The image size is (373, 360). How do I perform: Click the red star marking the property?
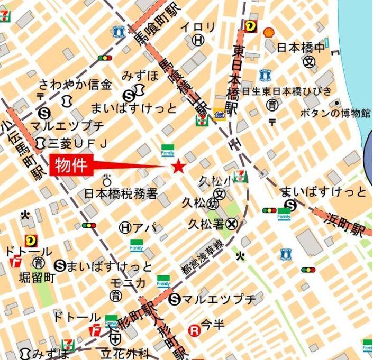(x=178, y=167)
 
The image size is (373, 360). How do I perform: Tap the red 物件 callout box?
(x=71, y=165)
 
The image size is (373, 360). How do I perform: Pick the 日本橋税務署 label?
(x=121, y=194)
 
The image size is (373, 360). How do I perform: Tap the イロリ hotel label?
(x=198, y=27)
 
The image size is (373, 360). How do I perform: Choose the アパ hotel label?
(x=145, y=227)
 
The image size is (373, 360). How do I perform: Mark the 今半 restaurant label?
(x=213, y=324)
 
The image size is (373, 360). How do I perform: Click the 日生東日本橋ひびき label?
(x=287, y=91)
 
